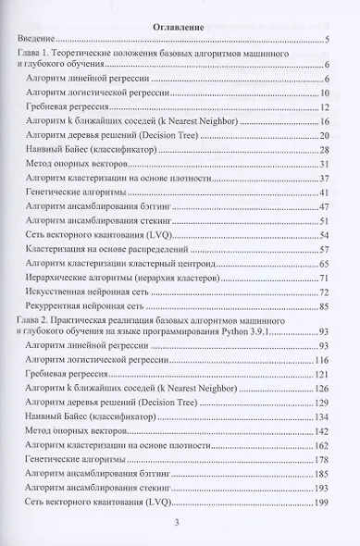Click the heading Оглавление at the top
click(x=181, y=25)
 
